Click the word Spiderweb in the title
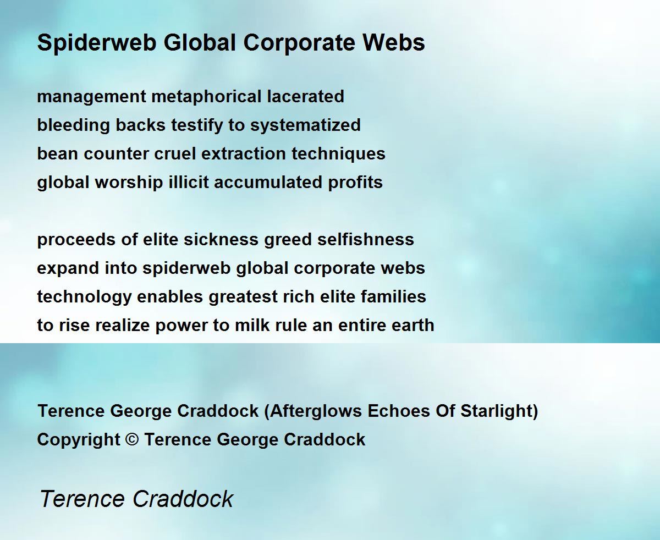coord(97,43)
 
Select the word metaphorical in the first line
coord(206,96)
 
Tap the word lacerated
coord(305,96)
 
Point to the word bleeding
coord(74,125)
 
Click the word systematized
coord(305,125)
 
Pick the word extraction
coord(244,154)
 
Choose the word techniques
coord(338,154)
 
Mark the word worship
coord(129,183)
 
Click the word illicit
coord(189,182)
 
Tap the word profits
coord(355,183)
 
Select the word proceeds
coord(76,240)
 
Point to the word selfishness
coord(366,239)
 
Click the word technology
coord(85,297)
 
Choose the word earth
coord(413,325)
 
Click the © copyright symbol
coord(132,440)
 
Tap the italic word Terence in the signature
coord(82,499)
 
